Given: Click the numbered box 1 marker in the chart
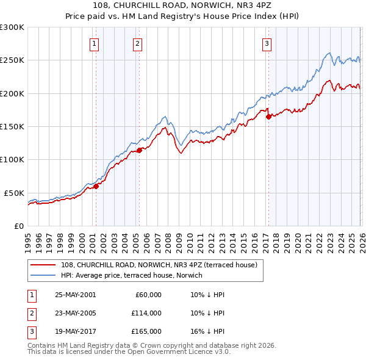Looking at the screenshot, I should click(95, 43).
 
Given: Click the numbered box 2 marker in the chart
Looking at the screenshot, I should click(138, 43).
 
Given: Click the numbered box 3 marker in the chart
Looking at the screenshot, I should click(267, 43).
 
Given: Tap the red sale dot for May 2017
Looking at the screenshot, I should click(268, 117).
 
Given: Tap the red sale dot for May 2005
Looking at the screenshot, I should click(139, 150).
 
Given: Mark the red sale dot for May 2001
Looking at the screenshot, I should click(96, 186).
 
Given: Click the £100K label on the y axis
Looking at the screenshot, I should click(12, 159).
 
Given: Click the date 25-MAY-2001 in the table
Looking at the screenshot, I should click(75, 295).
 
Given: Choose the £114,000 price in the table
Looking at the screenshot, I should click(146, 313).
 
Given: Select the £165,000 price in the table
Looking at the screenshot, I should click(146, 331).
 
